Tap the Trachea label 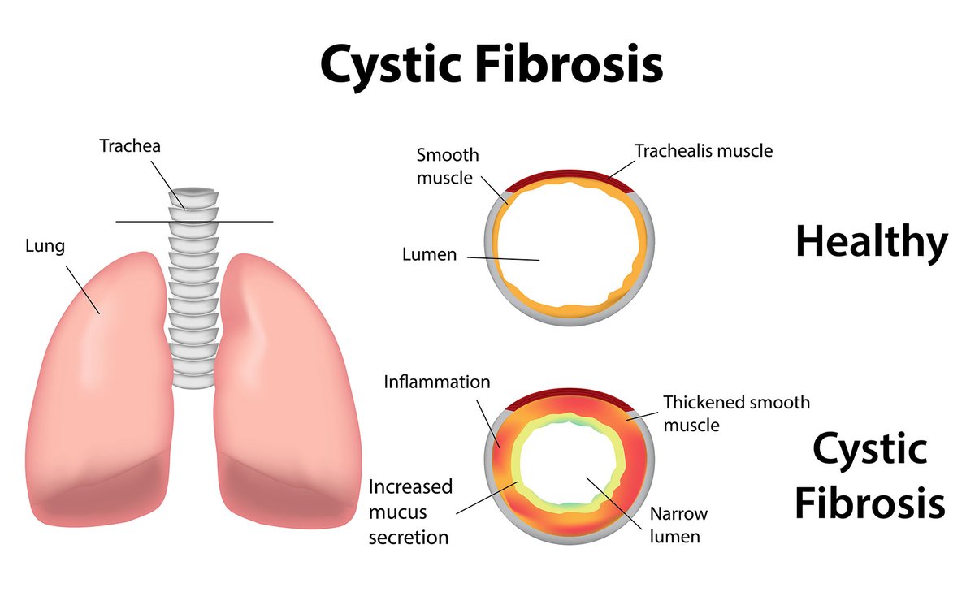pyautogui.click(x=130, y=146)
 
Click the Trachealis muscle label pyautogui.click(x=704, y=150)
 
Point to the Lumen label pyautogui.click(x=429, y=254)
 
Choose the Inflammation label pyautogui.click(x=437, y=381)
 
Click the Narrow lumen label pyautogui.click(x=678, y=525)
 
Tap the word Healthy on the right pyautogui.click(x=871, y=241)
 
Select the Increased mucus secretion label pyautogui.click(x=410, y=512)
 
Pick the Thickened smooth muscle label pyautogui.click(x=736, y=413)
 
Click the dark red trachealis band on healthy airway pyautogui.click(x=569, y=176)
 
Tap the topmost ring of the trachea pyautogui.click(x=193, y=197)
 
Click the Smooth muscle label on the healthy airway pyautogui.click(x=448, y=165)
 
